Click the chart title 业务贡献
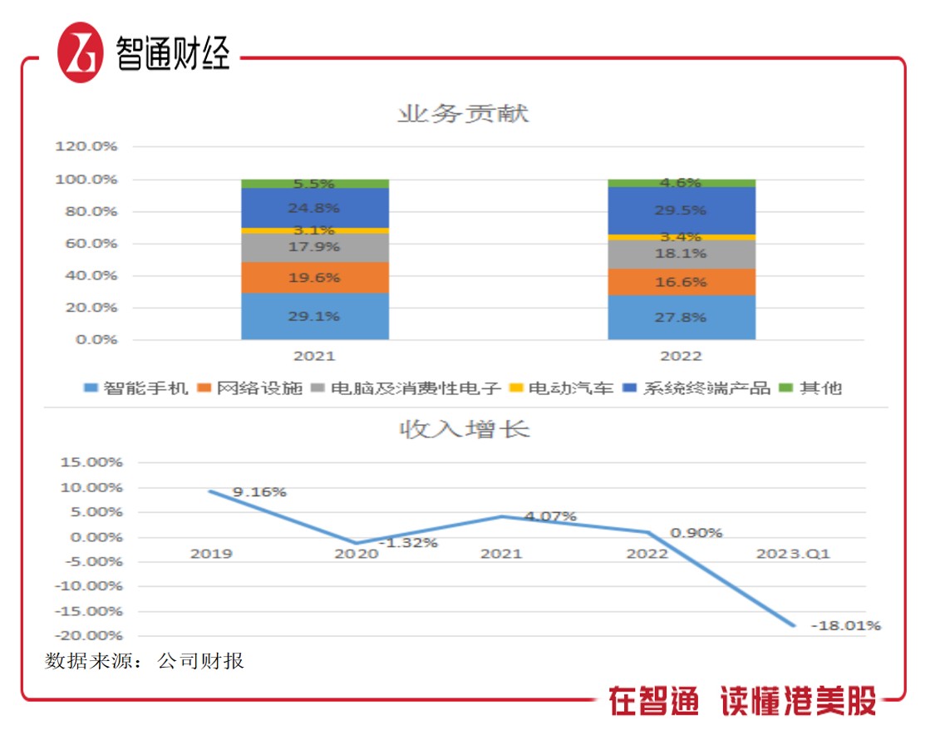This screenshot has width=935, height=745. tap(463, 113)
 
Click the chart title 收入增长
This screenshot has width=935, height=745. tap(464, 429)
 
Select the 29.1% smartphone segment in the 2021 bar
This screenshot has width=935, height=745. tap(315, 316)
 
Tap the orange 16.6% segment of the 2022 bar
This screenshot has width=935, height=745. tap(682, 282)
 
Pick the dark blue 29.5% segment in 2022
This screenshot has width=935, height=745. tap(682, 210)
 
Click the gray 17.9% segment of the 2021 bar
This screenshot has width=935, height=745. tap(315, 247)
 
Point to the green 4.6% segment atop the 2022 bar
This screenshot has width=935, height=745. tap(682, 183)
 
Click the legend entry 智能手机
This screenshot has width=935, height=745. tap(136, 388)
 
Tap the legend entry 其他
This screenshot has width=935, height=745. tap(811, 388)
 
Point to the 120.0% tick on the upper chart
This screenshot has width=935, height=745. tap(86, 146)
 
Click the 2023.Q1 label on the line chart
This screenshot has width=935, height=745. tap(794, 554)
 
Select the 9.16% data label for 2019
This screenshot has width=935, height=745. tap(259, 492)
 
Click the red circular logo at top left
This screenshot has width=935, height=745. tap(81, 52)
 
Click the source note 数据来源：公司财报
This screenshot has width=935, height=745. tap(145, 662)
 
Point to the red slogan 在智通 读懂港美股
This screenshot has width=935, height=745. tap(742, 701)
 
